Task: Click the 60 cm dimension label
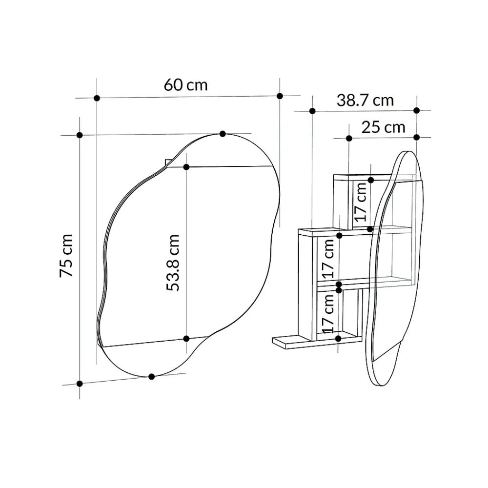point(186,85)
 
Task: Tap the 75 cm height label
point(66,256)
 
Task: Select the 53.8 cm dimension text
point(173,263)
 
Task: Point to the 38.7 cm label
point(365,101)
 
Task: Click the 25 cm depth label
point(384,127)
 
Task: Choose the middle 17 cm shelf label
point(328,259)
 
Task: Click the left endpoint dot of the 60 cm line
point(97,98)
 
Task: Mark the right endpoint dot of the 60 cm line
point(280,96)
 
